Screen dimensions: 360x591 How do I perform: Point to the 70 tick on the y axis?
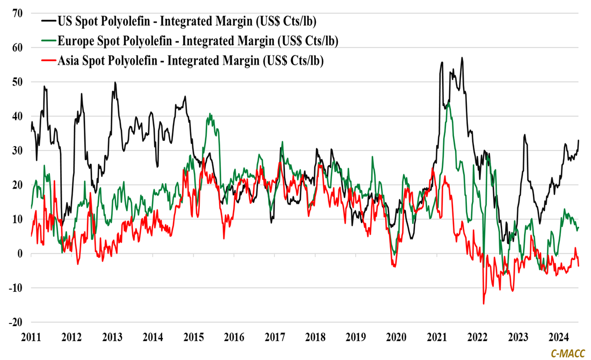tap(18, 13)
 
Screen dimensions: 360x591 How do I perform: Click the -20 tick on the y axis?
tap(16, 322)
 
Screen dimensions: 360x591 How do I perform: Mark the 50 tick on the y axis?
tap(18, 82)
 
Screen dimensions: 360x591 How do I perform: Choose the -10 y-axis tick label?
tap(16, 288)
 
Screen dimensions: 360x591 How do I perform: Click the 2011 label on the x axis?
tap(31, 338)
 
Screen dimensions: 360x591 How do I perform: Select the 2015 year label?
tap(193, 338)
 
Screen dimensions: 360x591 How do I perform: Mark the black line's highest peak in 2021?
tap(462, 57)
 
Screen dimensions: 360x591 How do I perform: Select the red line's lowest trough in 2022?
tap(484, 304)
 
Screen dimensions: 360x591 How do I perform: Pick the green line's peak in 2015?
tap(210, 114)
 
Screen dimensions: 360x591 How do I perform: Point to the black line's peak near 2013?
tap(115, 82)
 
